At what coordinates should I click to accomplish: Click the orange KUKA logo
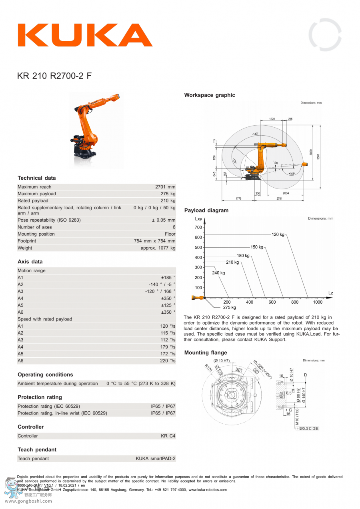point(85,35)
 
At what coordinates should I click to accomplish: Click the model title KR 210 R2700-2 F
point(54,76)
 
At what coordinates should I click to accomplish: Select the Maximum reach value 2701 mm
point(165,187)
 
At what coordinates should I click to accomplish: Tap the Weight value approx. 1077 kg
point(158,248)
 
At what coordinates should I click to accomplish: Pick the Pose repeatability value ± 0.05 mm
point(163,220)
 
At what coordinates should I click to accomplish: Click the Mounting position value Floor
point(170,234)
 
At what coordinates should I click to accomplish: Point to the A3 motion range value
point(160,291)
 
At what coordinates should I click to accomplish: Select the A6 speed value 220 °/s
point(168,361)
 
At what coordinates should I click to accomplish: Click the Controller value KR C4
point(168,436)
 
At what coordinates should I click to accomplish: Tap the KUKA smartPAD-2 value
point(155,459)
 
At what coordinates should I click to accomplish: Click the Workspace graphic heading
point(210,95)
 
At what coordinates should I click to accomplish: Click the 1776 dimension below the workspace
point(238,198)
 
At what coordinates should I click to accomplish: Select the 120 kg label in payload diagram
point(278,234)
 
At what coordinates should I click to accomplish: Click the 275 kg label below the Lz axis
point(229,307)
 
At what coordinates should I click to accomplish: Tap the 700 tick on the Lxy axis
point(198,227)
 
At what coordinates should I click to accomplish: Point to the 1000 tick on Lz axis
point(318,303)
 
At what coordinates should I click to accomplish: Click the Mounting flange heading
point(206,353)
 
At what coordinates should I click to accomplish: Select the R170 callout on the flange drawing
point(208,368)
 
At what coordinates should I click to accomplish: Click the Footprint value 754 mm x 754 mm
point(154,241)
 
